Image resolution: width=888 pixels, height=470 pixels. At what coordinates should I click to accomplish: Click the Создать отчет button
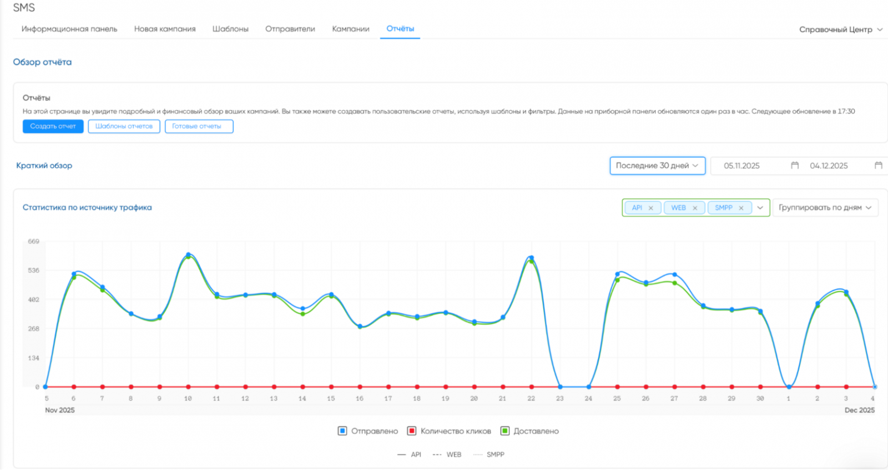pyautogui.click(x=53, y=126)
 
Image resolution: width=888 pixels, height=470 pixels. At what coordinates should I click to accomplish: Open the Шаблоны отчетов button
pyautogui.click(x=124, y=126)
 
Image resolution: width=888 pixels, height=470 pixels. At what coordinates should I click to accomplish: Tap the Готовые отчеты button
pyautogui.click(x=199, y=126)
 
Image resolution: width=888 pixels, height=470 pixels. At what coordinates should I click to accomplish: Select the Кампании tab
pyautogui.click(x=350, y=29)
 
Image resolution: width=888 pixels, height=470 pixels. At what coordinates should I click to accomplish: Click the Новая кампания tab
pyautogui.click(x=165, y=29)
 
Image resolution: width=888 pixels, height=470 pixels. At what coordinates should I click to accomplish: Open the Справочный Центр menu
pyautogui.click(x=841, y=29)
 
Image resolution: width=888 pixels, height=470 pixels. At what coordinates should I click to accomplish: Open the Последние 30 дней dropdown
pyautogui.click(x=657, y=166)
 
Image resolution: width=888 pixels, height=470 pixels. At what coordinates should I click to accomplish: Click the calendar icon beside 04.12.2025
pyautogui.click(x=878, y=165)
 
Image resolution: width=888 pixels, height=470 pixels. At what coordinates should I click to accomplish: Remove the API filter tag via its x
pyautogui.click(x=650, y=208)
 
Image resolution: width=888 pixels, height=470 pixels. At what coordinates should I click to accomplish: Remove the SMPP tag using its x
pyautogui.click(x=741, y=208)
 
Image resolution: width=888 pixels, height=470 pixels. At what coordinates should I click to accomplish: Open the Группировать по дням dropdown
pyautogui.click(x=825, y=208)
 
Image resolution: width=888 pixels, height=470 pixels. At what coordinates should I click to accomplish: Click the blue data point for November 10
pyautogui.click(x=188, y=254)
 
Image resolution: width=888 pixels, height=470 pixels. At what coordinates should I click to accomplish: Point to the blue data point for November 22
pyautogui.click(x=532, y=258)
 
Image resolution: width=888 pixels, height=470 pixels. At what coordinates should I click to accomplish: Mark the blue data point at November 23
pyautogui.click(x=560, y=387)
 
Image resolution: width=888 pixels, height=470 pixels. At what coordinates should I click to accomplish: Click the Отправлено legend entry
pyautogui.click(x=367, y=431)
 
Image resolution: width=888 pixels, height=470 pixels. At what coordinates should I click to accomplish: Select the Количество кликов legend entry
pyautogui.click(x=449, y=431)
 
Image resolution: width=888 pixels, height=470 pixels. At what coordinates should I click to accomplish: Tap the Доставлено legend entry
pyautogui.click(x=529, y=431)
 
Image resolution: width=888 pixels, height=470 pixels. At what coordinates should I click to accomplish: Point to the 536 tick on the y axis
pyautogui.click(x=34, y=271)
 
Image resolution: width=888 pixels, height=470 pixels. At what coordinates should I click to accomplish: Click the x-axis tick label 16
pyautogui.click(x=360, y=398)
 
